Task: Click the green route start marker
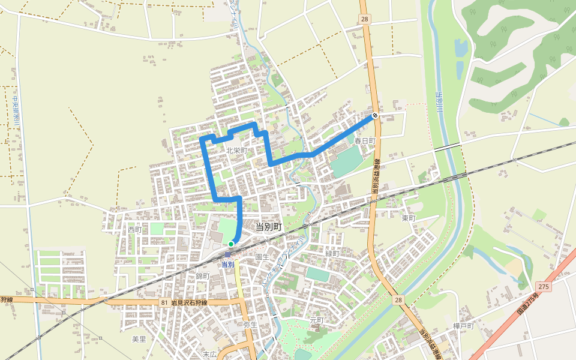(x=231, y=244)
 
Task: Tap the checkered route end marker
(x=375, y=115)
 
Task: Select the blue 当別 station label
(x=227, y=264)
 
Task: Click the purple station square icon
(x=227, y=254)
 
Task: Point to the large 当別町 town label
(x=268, y=227)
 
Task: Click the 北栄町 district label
(x=237, y=150)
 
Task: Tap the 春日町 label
(x=364, y=140)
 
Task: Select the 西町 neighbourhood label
(x=134, y=230)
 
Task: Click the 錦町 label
(x=203, y=276)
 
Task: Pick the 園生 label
(x=262, y=256)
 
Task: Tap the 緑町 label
(x=332, y=254)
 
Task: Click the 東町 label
(x=409, y=218)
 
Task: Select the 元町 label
(x=316, y=320)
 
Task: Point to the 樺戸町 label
(x=464, y=326)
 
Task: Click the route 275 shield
(x=544, y=287)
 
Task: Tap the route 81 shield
(x=164, y=303)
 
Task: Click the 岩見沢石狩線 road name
(x=188, y=303)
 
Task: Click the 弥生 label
(x=250, y=325)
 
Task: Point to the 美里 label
(x=139, y=339)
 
